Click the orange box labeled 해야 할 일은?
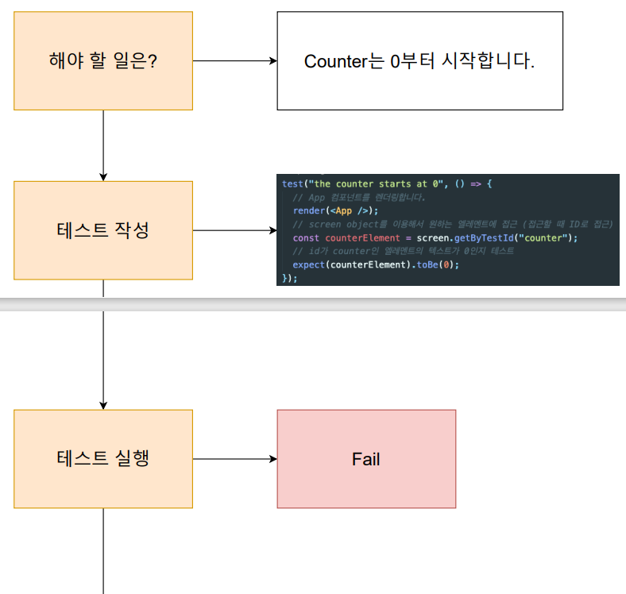[x=103, y=60]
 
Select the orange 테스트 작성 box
[x=103, y=230]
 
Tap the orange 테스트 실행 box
[x=103, y=459]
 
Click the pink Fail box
[x=366, y=459]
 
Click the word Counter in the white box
[x=334, y=61]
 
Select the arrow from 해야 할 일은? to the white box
[x=234, y=60]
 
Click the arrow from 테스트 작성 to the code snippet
[x=234, y=231]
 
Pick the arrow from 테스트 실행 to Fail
[x=234, y=459]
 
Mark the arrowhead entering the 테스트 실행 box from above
[x=103, y=405]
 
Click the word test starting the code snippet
[x=291, y=183]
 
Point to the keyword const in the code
[x=307, y=237]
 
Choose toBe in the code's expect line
[x=427, y=264]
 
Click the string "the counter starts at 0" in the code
[x=374, y=183]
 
